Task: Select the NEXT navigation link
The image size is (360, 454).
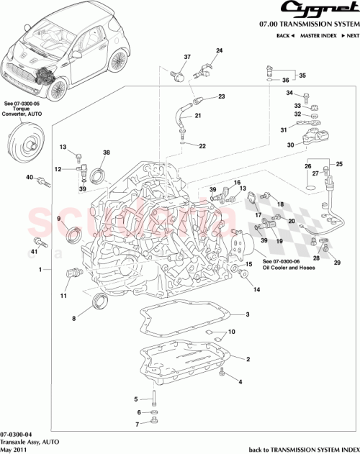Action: (x=349, y=35)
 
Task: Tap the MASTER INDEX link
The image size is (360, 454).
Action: (x=319, y=35)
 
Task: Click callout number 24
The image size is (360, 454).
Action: (x=220, y=50)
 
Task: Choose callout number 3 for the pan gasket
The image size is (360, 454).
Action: (x=247, y=314)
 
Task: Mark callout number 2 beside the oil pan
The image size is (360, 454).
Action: (x=247, y=358)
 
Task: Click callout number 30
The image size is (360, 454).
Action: (x=290, y=145)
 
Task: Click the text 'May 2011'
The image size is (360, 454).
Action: (x=15, y=448)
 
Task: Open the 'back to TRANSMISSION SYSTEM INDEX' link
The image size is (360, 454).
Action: (x=303, y=448)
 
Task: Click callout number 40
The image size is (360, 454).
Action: (x=29, y=177)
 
